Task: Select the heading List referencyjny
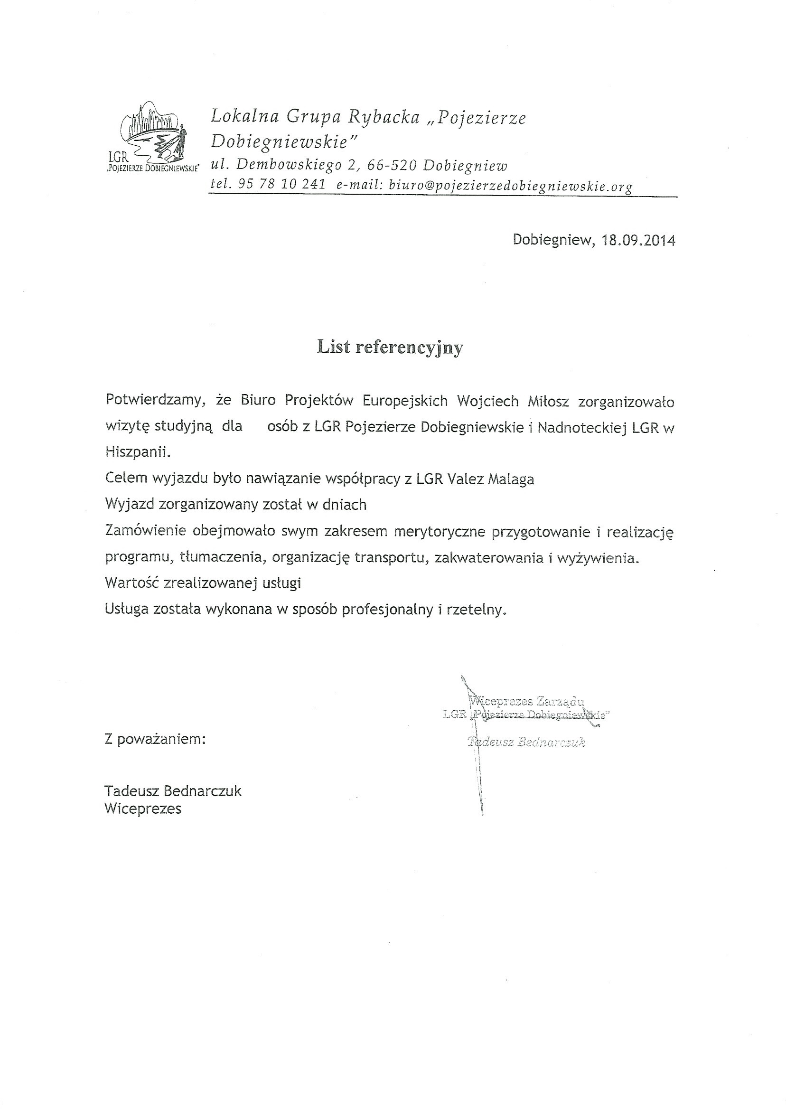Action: tap(390, 347)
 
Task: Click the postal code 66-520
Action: tap(392, 166)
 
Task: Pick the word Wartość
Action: tap(130, 583)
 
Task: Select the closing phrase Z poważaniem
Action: tap(155, 739)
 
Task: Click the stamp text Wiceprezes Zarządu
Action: tap(527, 701)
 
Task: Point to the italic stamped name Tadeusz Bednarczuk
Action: tap(526, 742)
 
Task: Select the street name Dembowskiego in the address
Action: tap(290, 166)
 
